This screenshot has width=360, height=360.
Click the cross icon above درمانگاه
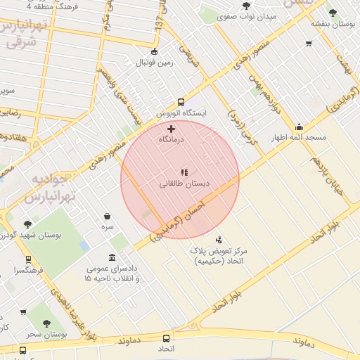pyautogui.click(x=171, y=129)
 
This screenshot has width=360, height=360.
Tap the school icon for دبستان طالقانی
pyautogui.click(x=184, y=172)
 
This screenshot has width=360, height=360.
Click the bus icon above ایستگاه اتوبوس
pyautogui.click(x=181, y=101)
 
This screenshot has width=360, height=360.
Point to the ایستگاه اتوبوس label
pyautogui.click(x=181, y=112)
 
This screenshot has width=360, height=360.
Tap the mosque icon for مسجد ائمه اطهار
pyautogui.click(x=300, y=127)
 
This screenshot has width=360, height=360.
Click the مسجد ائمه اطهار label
pyautogui.click(x=300, y=138)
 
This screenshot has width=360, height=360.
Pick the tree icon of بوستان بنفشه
pyautogui.click(x=333, y=12)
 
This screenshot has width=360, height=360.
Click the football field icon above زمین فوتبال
pyautogui.click(x=155, y=51)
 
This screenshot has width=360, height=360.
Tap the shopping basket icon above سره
pyautogui.click(x=107, y=217)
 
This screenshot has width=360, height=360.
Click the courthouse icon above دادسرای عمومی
pyautogui.click(x=112, y=257)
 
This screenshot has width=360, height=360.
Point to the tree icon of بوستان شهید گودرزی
pyautogui.click(x=28, y=224)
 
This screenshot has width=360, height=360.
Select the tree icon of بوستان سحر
pyautogui.click(x=46, y=324)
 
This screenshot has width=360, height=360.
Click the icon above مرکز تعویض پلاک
pyautogui.click(x=219, y=240)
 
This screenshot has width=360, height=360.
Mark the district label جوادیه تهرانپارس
pyautogui.click(x=53, y=188)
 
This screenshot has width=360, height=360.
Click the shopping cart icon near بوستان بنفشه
pyautogui.click(x=309, y=44)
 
